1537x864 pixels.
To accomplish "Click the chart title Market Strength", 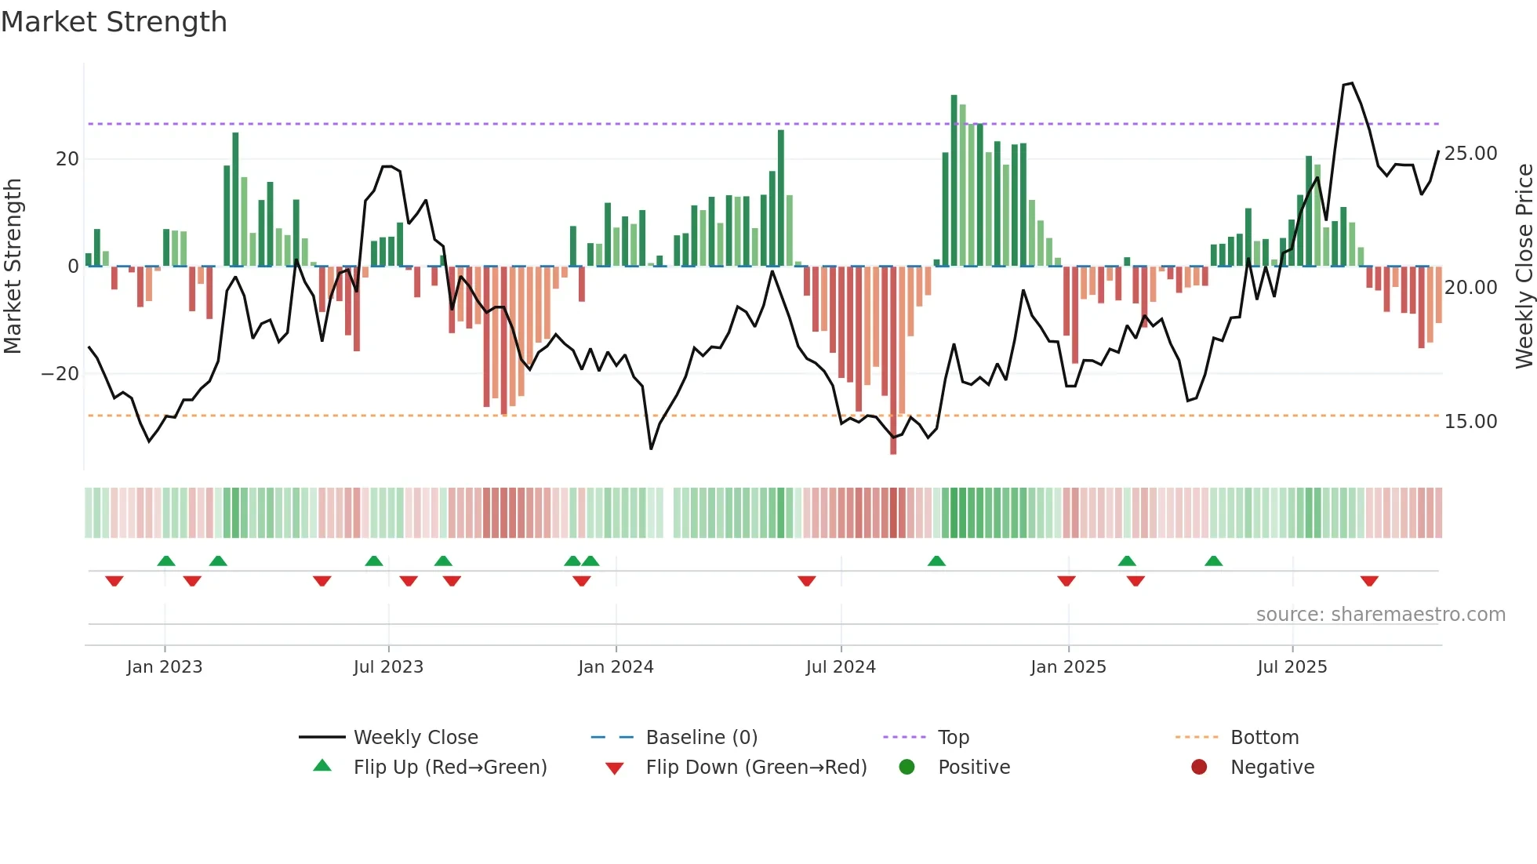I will [x=114, y=22].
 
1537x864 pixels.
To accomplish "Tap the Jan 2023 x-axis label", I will [x=165, y=667].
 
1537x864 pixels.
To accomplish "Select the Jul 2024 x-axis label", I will [x=841, y=667].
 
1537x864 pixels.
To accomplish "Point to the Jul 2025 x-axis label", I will [x=1292, y=667].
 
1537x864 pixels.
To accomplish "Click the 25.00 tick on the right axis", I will [x=1470, y=154].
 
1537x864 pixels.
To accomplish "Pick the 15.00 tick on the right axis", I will [x=1470, y=422].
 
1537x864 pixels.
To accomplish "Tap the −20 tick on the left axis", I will [x=60, y=374].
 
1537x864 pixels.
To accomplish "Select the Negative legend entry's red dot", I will [x=1199, y=767].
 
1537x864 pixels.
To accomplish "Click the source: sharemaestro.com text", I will [x=1380, y=615].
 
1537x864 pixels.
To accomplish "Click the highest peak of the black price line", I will [x=1351, y=83].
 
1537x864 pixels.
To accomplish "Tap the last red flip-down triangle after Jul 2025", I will [x=1369, y=581].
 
